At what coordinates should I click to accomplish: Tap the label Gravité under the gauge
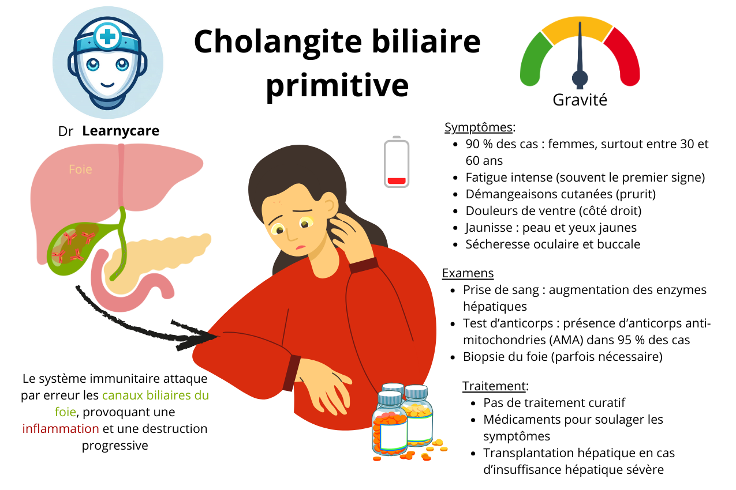point(580,100)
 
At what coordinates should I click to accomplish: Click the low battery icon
point(397,163)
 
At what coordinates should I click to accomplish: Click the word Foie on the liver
point(80,169)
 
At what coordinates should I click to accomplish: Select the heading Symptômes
point(478,127)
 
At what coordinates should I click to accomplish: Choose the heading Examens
point(468,273)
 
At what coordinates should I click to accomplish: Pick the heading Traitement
point(495,386)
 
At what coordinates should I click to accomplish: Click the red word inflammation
point(61,429)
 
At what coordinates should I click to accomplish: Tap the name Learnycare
point(121,131)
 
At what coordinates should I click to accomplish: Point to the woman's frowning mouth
point(301,247)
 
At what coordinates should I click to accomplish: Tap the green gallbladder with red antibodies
point(72,248)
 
